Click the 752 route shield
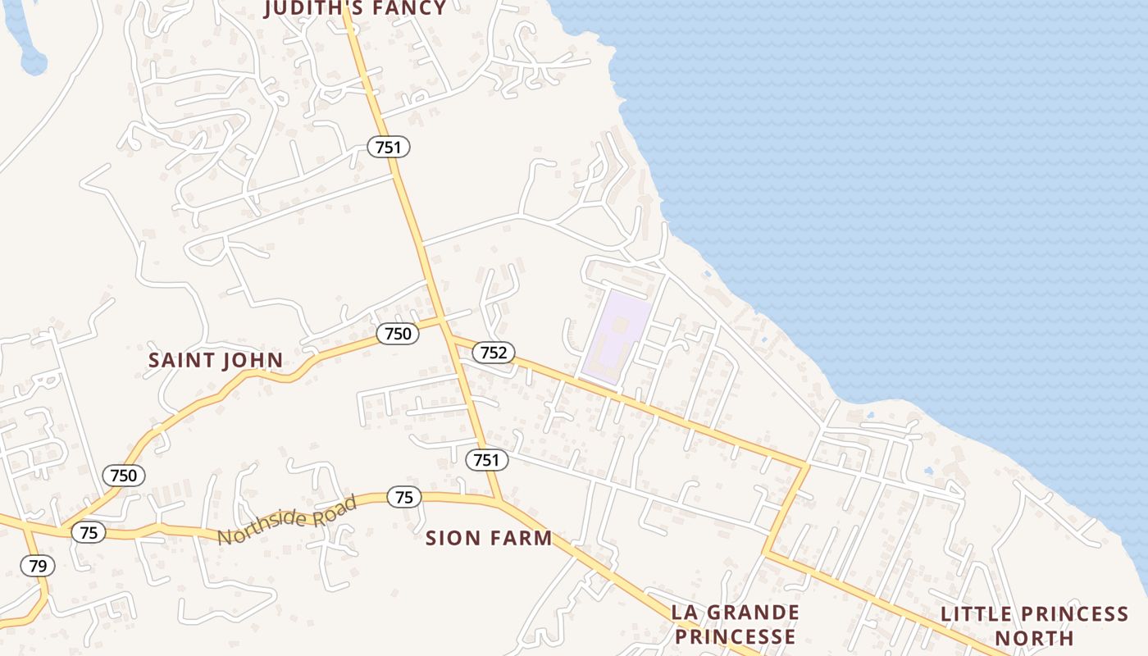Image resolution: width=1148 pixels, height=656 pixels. coord(494,353)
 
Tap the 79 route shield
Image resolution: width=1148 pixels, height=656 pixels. coord(38,565)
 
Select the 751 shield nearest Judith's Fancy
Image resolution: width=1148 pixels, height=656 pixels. coord(388,147)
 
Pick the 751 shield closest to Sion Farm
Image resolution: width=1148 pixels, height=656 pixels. coord(487,460)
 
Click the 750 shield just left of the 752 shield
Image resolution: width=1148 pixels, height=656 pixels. coord(398,334)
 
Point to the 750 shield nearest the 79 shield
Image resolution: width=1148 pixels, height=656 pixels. coord(124,475)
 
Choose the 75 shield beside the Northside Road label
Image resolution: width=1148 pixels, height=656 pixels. coord(403,497)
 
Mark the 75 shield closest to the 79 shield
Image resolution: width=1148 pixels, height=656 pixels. coord(89,532)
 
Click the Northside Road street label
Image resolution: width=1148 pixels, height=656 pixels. coord(287,520)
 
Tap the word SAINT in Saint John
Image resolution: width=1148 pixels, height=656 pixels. coord(182,360)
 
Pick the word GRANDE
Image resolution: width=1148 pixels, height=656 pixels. coord(752,613)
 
